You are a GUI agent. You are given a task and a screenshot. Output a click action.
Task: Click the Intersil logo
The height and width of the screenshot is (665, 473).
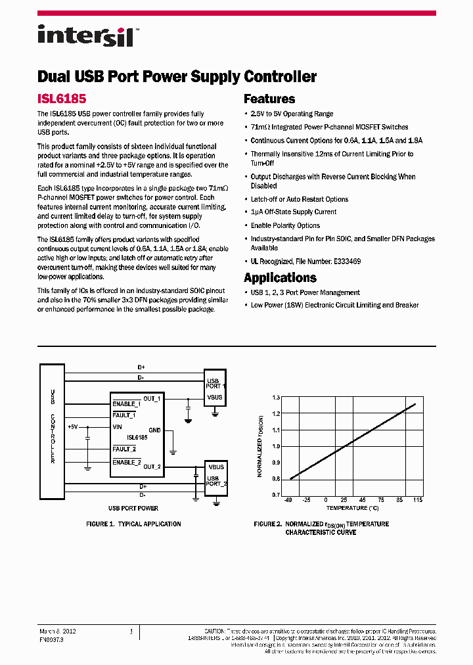(x=85, y=35)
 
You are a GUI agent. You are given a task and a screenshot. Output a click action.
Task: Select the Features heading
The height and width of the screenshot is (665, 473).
(x=269, y=99)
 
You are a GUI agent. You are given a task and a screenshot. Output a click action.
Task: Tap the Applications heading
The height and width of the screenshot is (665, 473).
(x=280, y=277)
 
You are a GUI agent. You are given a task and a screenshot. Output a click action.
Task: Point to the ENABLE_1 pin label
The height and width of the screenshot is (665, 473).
(x=126, y=403)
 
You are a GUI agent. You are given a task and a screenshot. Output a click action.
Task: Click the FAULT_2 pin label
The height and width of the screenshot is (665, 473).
(x=124, y=449)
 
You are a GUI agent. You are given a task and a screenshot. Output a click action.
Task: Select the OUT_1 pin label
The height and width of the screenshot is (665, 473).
(x=152, y=399)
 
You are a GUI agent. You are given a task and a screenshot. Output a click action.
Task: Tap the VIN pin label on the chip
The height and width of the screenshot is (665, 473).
(x=118, y=426)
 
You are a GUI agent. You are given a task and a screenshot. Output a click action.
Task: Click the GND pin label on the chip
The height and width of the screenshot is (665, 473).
(x=154, y=430)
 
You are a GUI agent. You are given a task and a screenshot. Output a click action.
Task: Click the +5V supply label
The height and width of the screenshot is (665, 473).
(x=73, y=426)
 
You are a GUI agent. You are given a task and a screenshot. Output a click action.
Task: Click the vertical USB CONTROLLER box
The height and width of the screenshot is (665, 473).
(x=53, y=426)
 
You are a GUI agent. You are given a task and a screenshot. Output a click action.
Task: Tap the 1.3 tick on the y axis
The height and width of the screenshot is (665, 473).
(x=276, y=398)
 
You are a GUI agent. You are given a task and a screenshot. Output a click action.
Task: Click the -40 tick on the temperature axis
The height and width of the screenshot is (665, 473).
(x=287, y=501)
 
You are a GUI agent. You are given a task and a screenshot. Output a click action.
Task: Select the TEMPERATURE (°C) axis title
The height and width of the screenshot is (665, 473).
(x=353, y=508)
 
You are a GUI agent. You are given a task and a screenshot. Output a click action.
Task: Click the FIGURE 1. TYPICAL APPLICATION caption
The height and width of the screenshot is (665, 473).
(x=133, y=524)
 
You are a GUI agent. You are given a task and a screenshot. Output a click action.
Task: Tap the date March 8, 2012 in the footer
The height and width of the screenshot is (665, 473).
(x=58, y=631)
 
